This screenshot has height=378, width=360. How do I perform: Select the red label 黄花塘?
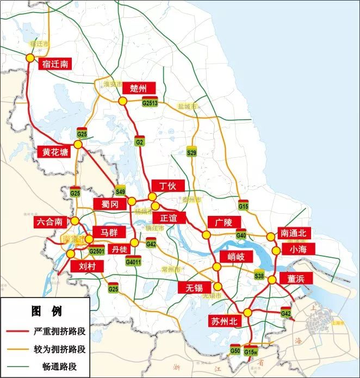pos(56,152)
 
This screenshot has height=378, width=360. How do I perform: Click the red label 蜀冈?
pos(106,204)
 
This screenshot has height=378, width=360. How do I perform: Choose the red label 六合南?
pos(52,221)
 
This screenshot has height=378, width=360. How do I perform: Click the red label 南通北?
pos(294,233)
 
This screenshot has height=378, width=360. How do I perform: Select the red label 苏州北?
pos(224,321)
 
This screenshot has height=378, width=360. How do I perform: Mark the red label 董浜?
pos(296,278)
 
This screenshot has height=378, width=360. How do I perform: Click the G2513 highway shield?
pos(150,102)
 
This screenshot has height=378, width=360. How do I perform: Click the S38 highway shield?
pos(259,276)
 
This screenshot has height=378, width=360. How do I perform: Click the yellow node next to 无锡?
pos(218,287)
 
